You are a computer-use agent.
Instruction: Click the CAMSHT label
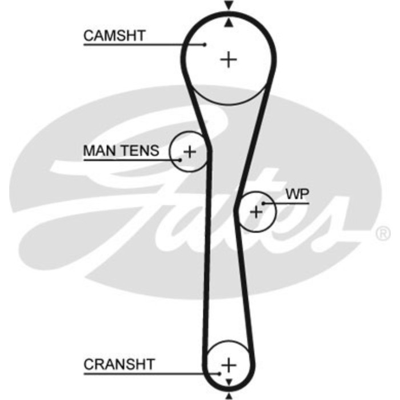(114, 36)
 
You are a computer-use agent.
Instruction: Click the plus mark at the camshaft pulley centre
(229, 59)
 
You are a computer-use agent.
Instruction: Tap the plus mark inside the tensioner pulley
(190, 151)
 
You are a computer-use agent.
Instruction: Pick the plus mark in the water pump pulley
(256, 212)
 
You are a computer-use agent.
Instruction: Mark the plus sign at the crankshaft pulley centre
(229, 365)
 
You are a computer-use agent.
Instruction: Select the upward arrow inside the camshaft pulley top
(229, 23)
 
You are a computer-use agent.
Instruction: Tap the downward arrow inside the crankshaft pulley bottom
(229, 381)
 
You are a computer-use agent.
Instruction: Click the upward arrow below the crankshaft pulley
(229, 395)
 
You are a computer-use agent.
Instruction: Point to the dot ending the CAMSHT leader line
(204, 45)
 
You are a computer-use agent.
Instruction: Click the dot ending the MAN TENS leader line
(180, 159)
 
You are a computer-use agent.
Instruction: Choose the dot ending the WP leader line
(263, 203)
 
